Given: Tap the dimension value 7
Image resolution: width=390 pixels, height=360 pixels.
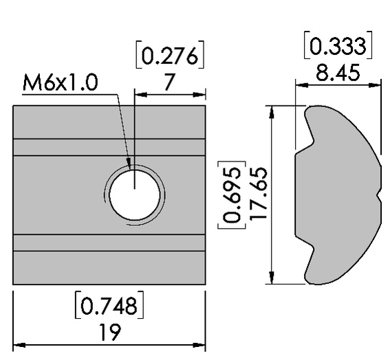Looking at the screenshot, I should [169, 83].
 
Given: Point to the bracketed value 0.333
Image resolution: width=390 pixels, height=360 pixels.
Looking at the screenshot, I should [338, 46].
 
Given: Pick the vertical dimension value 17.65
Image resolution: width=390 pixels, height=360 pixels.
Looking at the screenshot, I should [257, 194].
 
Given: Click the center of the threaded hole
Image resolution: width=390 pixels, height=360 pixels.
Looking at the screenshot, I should [136, 194].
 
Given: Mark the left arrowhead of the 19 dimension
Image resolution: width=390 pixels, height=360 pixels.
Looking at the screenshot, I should [19, 344].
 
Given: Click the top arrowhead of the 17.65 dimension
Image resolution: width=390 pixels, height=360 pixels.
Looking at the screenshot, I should [272, 111].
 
